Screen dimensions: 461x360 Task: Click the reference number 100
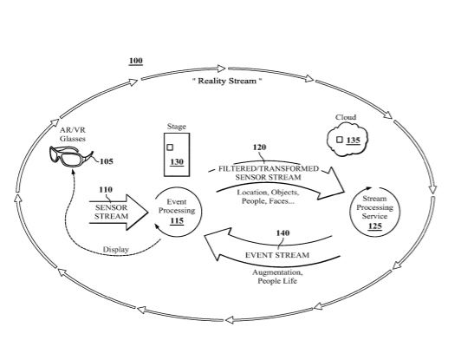pyautogui.click(x=136, y=61)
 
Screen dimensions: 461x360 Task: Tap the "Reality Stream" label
pyautogui.click(x=227, y=81)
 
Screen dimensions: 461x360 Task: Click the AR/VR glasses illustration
pyautogui.click(x=71, y=157)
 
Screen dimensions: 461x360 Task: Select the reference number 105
pyautogui.click(x=107, y=161)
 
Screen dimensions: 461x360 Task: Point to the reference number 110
pyautogui.click(x=106, y=190)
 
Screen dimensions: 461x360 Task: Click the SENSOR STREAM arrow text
pyautogui.click(x=112, y=212)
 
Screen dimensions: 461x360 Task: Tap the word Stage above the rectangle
pyautogui.click(x=177, y=127)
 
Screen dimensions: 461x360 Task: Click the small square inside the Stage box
pyautogui.click(x=170, y=147)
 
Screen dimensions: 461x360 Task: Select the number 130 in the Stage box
pyautogui.click(x=177, y=162)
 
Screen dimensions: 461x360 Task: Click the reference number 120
pyautogui.click(x=260, y=147)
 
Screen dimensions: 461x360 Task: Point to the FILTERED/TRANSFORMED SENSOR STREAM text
pyautogui.click(x=269, y=173)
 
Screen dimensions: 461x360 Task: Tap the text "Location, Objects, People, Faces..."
pyautogui.click(x=268, y=197)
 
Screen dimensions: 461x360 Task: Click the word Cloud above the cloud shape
pyautogui.click(x=346, y=117)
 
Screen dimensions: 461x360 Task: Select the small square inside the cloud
pyautogui.click(x=340, y=140)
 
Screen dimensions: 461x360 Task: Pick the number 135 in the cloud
pyautogui.click(x=353, y=141)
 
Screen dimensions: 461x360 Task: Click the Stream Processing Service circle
pyautogui.click(x=375, y=187)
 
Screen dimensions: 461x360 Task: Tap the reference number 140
pyautogui.click(x=282, y=233)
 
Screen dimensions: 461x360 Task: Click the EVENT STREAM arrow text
pyautogui.click(x=277, y=255)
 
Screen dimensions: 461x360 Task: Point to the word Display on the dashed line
pyautogui.click(x=116, y=250)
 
